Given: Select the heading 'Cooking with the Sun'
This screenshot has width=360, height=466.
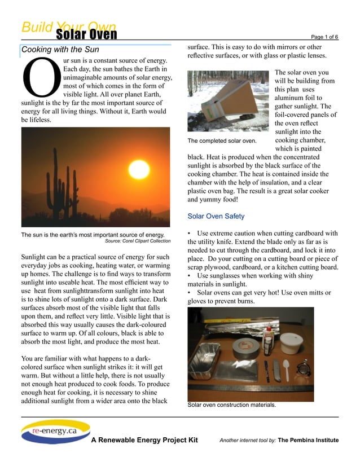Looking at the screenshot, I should [60, 50].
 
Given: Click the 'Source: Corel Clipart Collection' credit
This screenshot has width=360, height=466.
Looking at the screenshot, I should [138, 241].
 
